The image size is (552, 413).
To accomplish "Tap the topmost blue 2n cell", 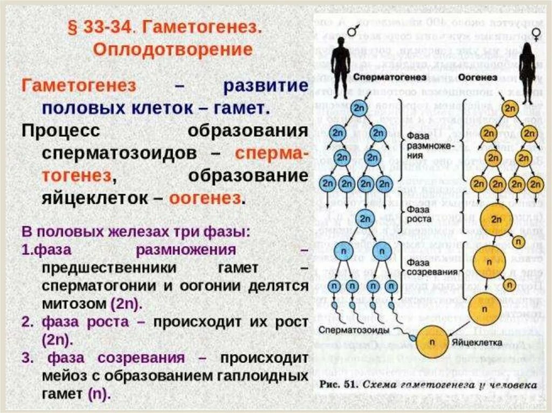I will pos(359,108).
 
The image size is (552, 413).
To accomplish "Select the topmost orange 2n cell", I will pos(509,108).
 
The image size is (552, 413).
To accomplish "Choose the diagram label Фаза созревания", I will pos(426,267).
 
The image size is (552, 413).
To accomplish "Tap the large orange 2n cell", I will pos(495,220).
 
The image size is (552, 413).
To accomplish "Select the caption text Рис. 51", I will pos(337,385).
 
